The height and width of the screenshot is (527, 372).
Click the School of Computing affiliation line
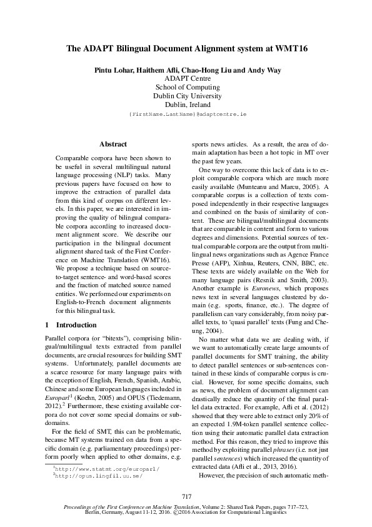coord(187,88)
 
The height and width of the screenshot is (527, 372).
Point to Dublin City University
coord(187,96)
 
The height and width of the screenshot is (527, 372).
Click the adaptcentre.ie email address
coord(187,116)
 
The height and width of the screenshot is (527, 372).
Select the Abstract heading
coord(113,144)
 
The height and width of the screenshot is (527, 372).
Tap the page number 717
coord(186,497)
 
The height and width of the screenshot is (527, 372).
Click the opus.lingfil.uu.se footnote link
coord(97,476)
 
